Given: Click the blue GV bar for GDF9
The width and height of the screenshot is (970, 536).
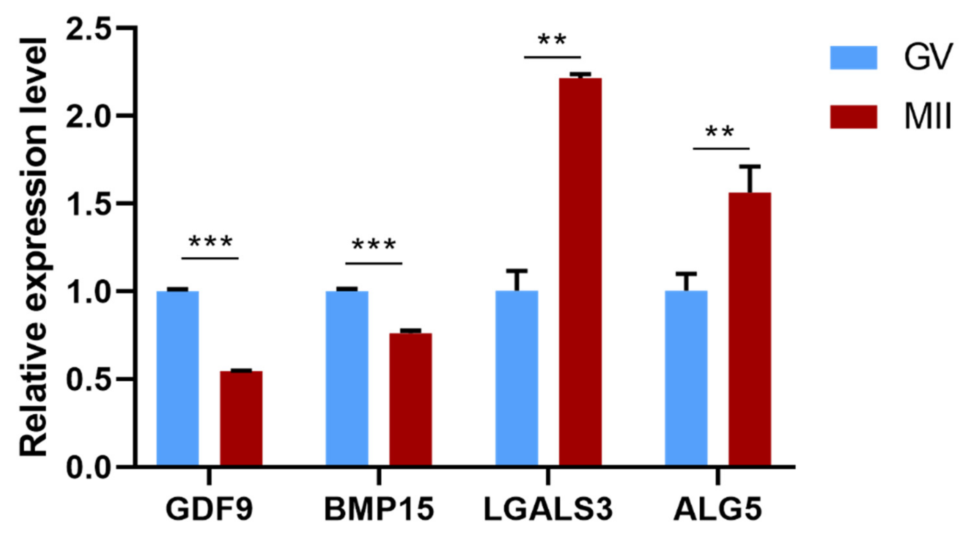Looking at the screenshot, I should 177,379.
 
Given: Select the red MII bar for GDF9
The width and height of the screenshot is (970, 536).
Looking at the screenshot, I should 241,418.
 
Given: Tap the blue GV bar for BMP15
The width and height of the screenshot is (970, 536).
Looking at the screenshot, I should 347,379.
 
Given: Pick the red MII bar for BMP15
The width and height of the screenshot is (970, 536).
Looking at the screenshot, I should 410,399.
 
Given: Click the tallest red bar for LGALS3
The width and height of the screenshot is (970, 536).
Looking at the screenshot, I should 580,271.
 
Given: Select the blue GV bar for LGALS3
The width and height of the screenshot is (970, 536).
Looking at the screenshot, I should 516,379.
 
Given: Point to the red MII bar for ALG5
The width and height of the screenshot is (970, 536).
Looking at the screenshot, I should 749,329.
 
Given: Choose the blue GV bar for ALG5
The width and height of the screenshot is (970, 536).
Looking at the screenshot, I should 686,379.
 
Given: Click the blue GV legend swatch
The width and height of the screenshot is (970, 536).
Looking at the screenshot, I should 853,58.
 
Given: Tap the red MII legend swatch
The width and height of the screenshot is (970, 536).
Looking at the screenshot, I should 853,117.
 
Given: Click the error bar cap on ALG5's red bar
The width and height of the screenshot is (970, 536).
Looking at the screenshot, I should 750,166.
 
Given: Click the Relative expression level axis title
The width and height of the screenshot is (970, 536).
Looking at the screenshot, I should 34,247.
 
